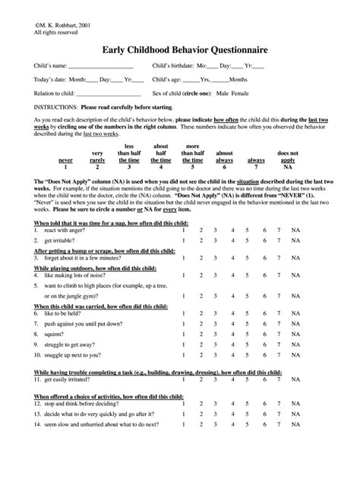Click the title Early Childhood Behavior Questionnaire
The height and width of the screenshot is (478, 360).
[180, 50]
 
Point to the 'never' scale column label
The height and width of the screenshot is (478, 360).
[66, 161]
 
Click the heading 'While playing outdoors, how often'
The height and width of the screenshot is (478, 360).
[81, 247]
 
